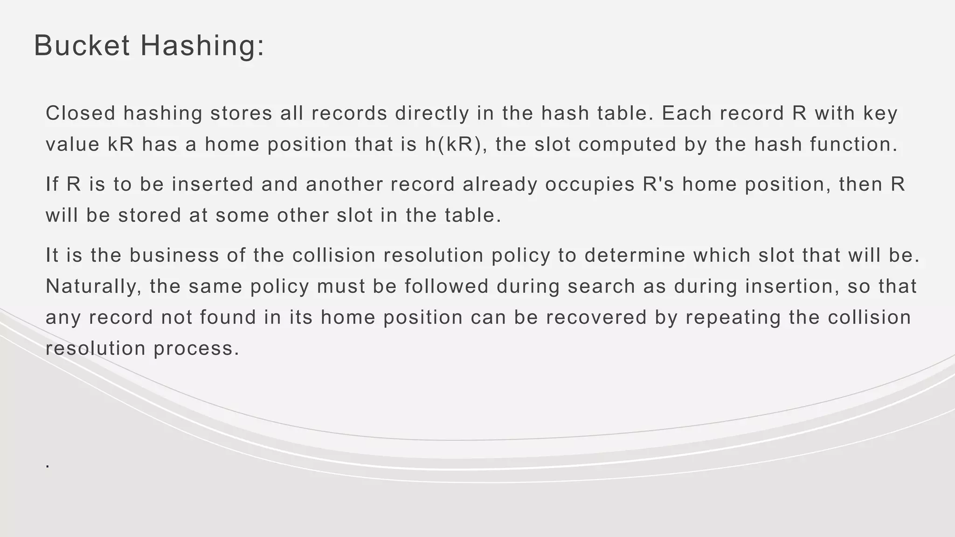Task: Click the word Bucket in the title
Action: click(82, 46)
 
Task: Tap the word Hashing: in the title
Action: click(202, 47)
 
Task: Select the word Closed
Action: click(81, 113)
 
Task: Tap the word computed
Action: click(627, 145)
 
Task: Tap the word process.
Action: click(196, 349)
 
